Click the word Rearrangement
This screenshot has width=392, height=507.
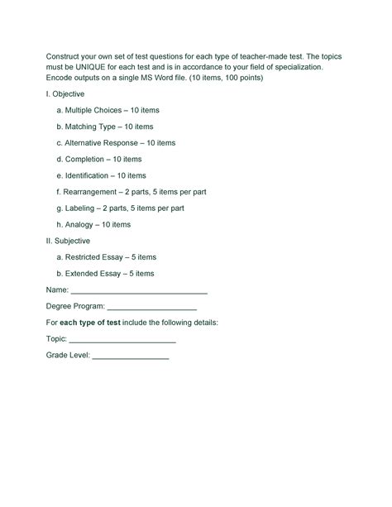tap(91, 192)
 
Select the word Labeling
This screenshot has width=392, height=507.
tap(81, 208)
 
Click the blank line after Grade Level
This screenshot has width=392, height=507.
tap(130, 356)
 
